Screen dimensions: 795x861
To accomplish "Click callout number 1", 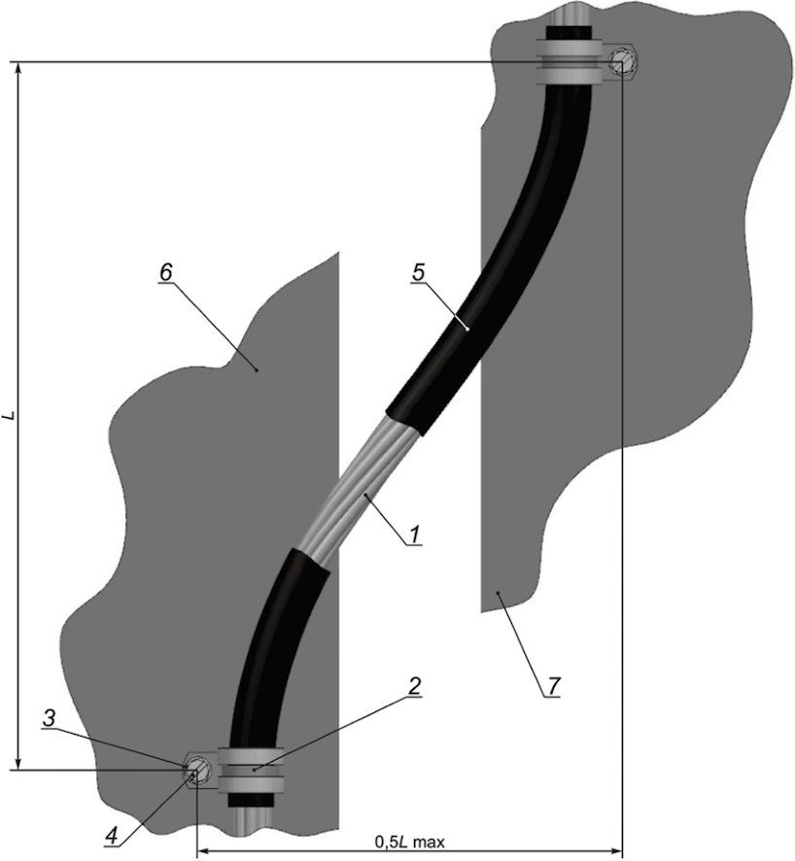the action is (x=415, y=534).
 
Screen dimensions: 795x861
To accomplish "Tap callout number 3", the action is (x=50, y=718).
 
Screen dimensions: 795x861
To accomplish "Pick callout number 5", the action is (x=418, y=273).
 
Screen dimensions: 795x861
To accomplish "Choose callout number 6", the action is (x=165, y=272).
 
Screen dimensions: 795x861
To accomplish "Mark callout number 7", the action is (x=553, y=685).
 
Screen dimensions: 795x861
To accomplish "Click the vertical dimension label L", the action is (x=10, y=416).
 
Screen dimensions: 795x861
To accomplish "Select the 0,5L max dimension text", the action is (x=409, y=842).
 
